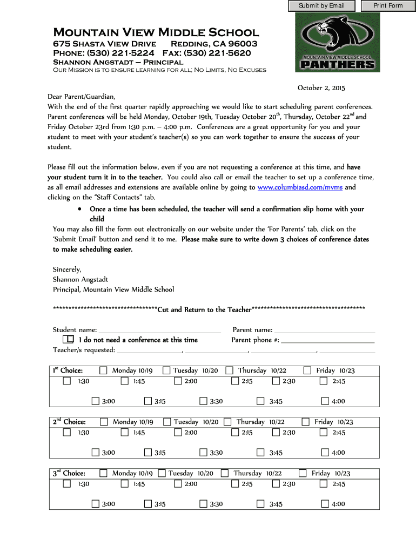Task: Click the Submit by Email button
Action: pos(321,6)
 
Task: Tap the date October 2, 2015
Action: pos(321,87)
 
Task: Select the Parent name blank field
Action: pos(325,330)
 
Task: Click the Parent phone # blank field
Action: pos(327,340)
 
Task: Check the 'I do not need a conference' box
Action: pos(69,340)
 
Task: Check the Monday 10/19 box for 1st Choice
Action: pos(103,370)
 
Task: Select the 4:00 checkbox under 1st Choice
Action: pos(325,401)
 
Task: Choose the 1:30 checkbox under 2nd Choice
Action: pos(67,432)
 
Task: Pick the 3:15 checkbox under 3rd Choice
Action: pos(147,504)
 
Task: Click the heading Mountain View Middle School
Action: pos(156,32)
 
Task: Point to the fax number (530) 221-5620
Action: pos(217,53)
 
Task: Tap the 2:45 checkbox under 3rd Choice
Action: pos(324,484)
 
